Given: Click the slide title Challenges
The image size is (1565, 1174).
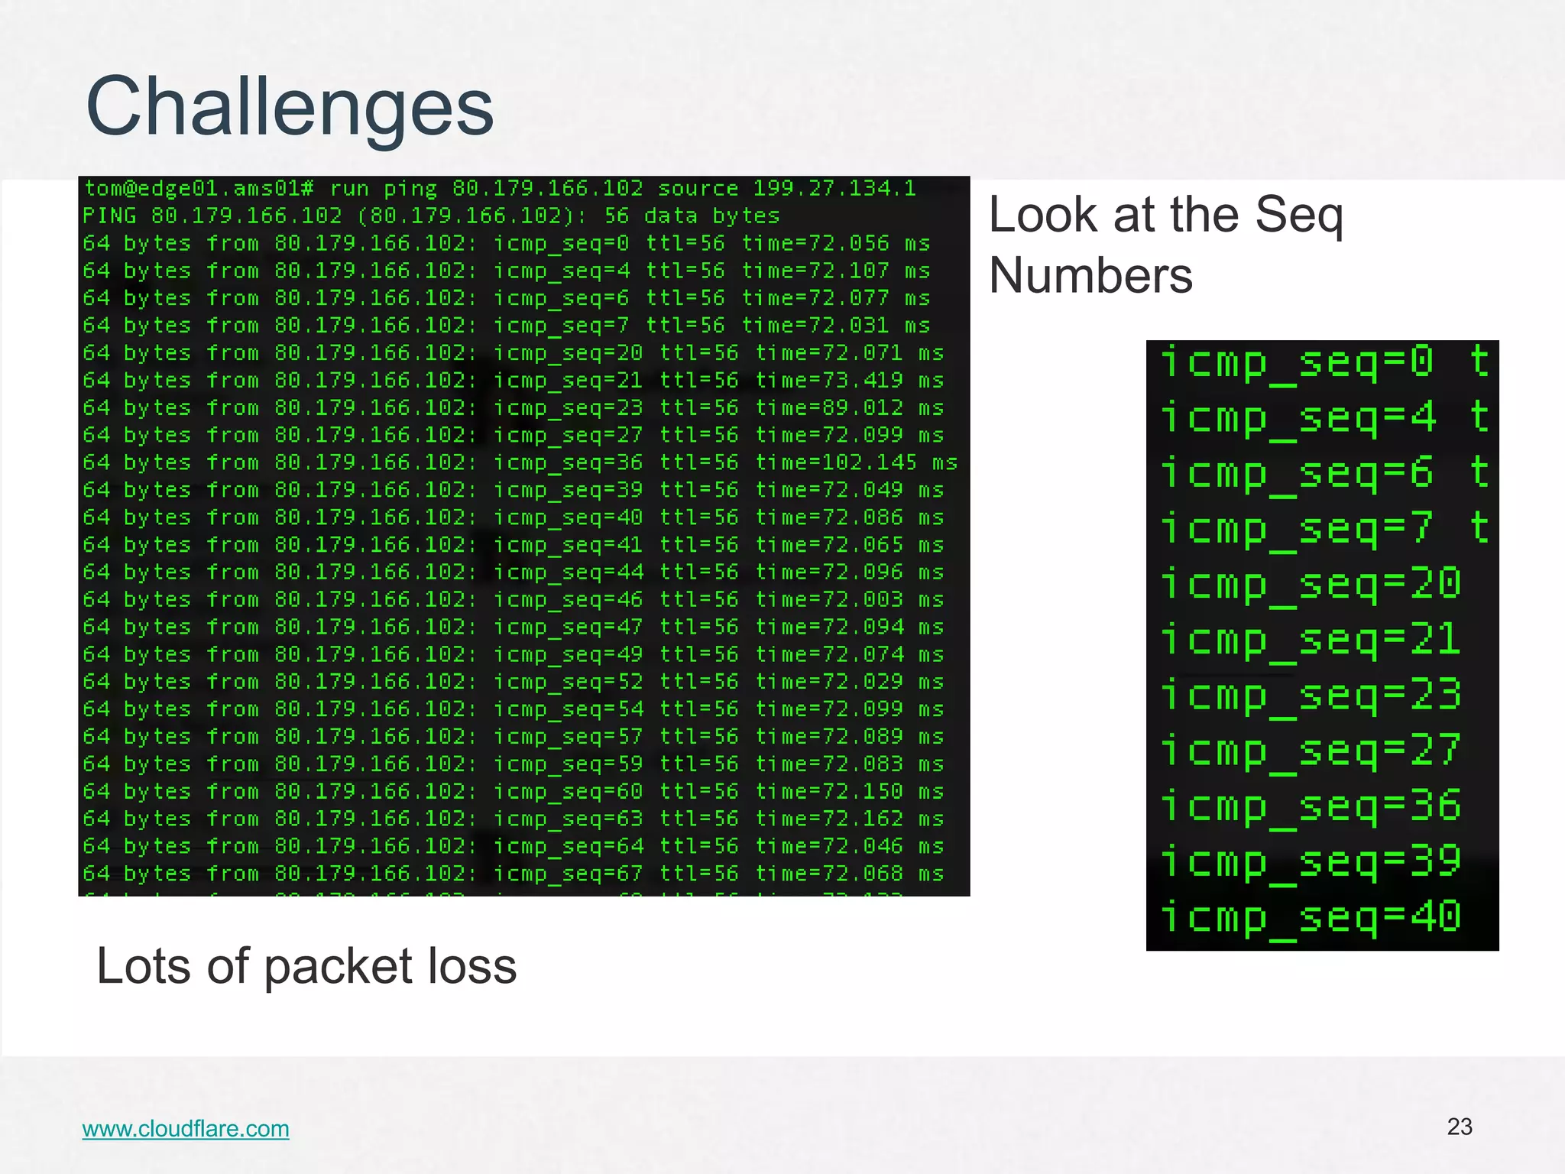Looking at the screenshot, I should [x=290, y=107].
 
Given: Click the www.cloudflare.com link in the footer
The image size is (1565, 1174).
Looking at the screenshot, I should [x=186, y=1128].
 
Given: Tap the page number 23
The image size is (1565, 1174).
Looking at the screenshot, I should [x=1460, y=1127].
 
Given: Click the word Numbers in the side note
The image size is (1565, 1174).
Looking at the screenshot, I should [x=1090, y=276].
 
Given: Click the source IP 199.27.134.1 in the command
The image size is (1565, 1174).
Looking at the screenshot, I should [x=834, y=188].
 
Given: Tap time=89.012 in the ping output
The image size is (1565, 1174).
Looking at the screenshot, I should [x=829, y=407].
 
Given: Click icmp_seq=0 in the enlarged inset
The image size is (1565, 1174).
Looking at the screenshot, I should [x=1297, y=362].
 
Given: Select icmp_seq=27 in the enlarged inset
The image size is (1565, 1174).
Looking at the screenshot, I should [x=1311, y=751].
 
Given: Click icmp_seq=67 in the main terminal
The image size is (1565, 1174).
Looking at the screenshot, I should [x=568, y=874].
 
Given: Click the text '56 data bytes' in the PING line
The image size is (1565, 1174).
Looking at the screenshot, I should [x=692, y=216].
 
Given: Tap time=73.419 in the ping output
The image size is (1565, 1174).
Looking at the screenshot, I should [x=829, y=380].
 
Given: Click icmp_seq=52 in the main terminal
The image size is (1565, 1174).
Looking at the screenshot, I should [x=568, y=682].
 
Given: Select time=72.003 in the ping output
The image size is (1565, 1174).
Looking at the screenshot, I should [x=829, y=599].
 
